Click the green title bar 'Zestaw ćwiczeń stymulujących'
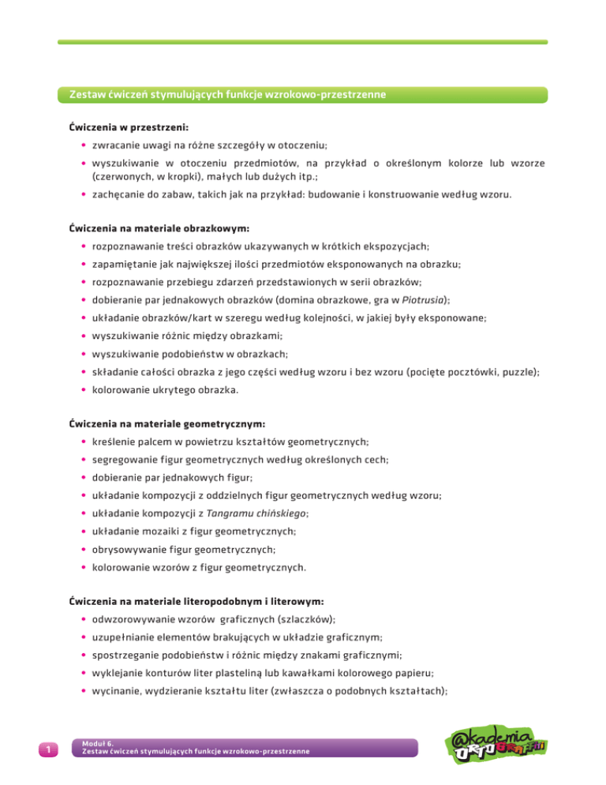point(227,96)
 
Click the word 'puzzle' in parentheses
point(514,372)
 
